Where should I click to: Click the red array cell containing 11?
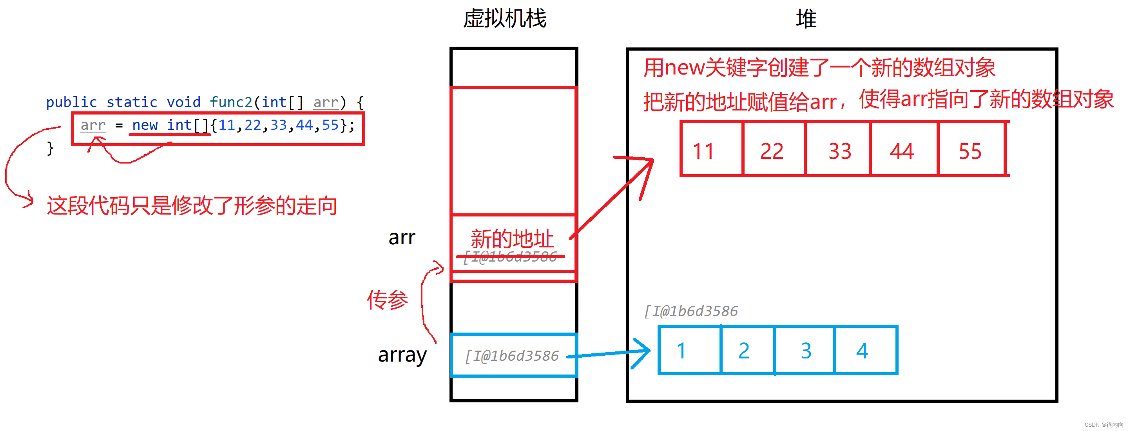tap(712, 149)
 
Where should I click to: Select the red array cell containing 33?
tap(838, 149)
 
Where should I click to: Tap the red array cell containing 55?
tap(971, 149)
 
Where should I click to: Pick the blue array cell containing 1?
tap(690, 350)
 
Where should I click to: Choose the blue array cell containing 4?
tap(865, 350)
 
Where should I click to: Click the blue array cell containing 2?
tap(748, 350)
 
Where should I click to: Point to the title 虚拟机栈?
tap(505, 19)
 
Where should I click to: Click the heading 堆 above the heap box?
tap(806, 19)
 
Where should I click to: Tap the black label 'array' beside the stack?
tap(402, 354)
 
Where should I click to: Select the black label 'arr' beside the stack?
tap(401, 237)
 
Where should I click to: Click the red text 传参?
tap(388, 300)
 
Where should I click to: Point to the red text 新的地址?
tap(512, 239)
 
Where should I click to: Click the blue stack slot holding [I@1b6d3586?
tap(513, 355)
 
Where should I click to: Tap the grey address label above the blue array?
tap(691, 311)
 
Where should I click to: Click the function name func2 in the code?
tap(231, 102)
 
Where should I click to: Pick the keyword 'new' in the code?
tap(145, 125)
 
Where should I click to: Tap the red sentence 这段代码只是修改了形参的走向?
tap(192, 205)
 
